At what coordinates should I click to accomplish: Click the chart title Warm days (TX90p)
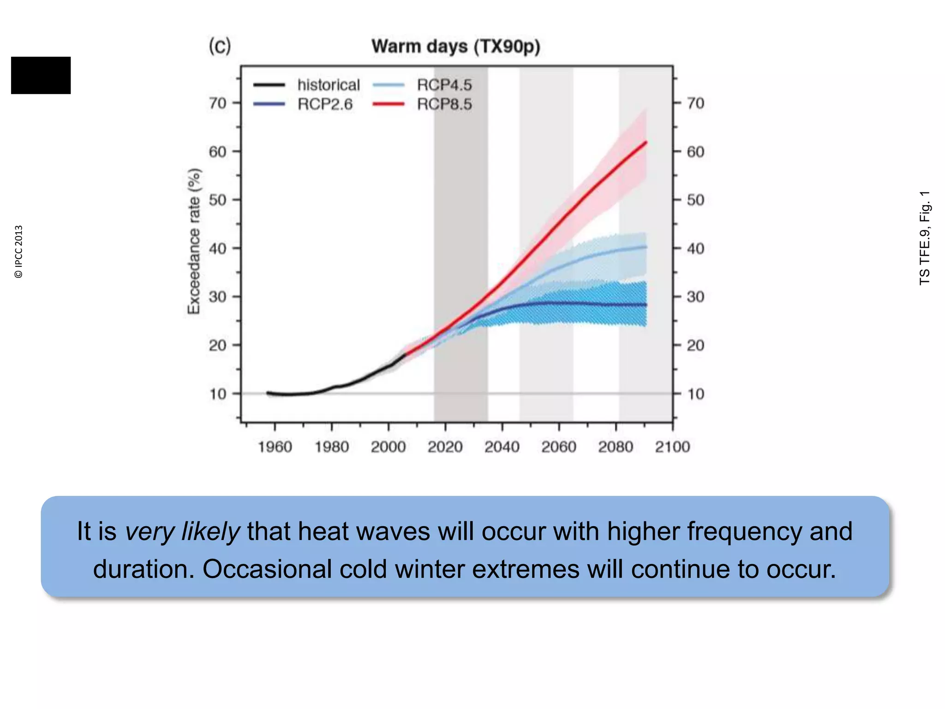click(456, 47)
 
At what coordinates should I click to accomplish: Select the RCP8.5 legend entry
click(444, 104)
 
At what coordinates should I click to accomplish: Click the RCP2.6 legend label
click(325, 104)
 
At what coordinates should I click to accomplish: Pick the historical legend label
click(329, 85)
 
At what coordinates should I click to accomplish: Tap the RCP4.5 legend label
click(444, 85)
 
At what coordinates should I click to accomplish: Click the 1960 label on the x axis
click(275, 446)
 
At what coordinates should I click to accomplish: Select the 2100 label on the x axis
click(672, 446)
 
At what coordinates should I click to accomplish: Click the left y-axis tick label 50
click(218, 200)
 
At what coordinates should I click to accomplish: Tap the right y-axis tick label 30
click(695, 296)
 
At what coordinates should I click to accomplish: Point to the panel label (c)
click(220, 46)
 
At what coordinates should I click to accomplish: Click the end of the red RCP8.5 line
click(646, 143)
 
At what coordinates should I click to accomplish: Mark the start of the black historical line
click(269, 393)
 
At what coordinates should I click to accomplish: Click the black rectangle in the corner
click(41, 75)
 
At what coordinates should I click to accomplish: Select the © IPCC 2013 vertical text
click(18, 252)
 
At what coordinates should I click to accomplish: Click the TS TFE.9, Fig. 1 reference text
click(925, 238)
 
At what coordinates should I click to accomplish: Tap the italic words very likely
click(182, 531)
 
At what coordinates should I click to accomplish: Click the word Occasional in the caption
click(267, 569)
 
